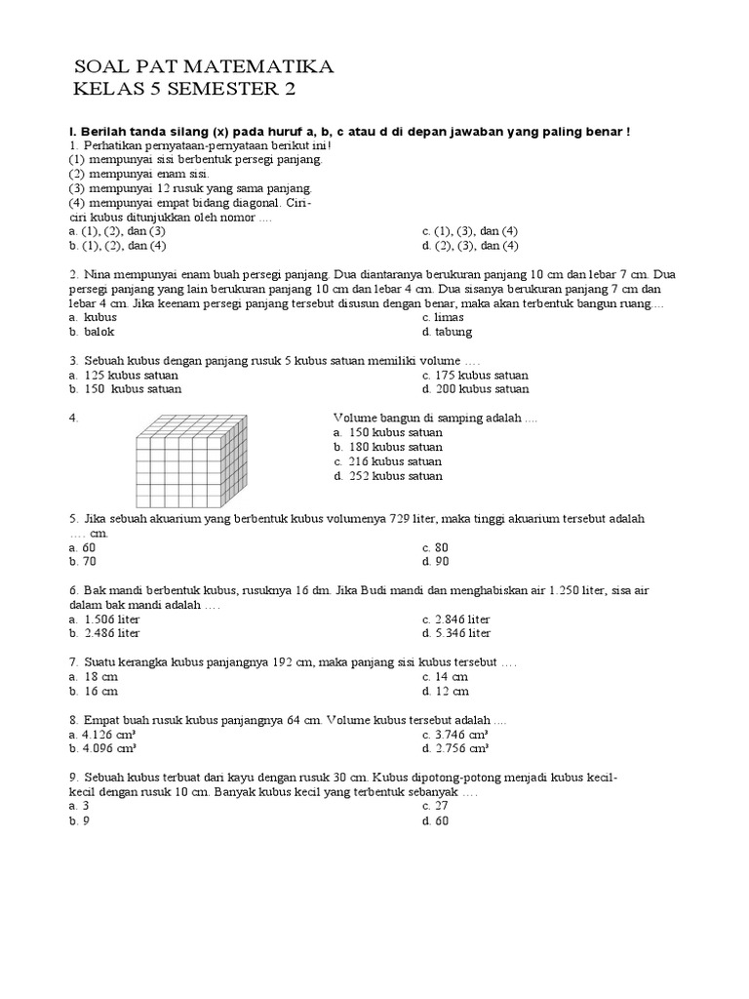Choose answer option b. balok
pos(92,332)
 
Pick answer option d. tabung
pos(447,332)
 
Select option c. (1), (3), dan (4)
pos(470,231)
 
